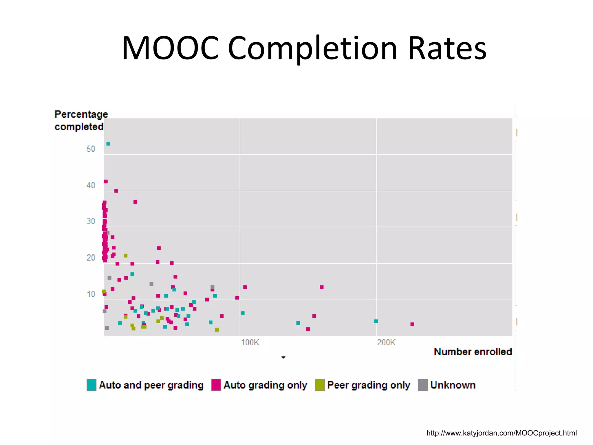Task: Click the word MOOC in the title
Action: (x=170, y=48)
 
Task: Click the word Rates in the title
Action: (x=447, y=48)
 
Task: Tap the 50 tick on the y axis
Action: (x=91, y=149)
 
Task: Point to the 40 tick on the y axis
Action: (x=91, y=185)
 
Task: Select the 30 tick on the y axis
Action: (x=91, y=221)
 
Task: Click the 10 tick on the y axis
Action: (x=91, y=294)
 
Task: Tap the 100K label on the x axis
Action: (x=250, y=342)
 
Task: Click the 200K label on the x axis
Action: (x=386, y=342)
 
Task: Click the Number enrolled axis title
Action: (x=473, y=352)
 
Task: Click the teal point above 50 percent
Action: (x=108, y=144)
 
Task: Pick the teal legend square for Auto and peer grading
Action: (x=91, y=385)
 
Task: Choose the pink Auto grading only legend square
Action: (x=216, y=385)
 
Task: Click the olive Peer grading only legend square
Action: (x=320, y=385)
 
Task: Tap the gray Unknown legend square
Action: (x=423, y=385)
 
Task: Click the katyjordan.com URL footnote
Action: (x=502, y=433)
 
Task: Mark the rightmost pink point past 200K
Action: (x=412, y=324)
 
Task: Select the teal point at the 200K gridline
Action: (x=376, y=321)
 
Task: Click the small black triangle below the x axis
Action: (x=283, y=358)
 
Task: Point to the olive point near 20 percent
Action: (x=125, y=256)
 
